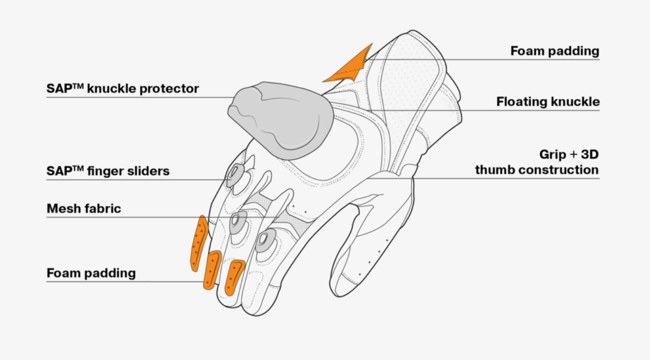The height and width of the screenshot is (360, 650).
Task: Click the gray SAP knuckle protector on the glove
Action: point(279,119)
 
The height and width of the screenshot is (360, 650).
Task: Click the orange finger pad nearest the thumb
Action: point(234,277)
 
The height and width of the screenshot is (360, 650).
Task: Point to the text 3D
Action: point(589,155)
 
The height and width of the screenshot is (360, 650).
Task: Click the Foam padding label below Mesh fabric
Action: point(91,273)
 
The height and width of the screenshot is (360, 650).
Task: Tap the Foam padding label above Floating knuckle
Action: point(555,51)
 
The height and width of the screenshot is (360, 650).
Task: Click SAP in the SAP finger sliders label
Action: point(58,171)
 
